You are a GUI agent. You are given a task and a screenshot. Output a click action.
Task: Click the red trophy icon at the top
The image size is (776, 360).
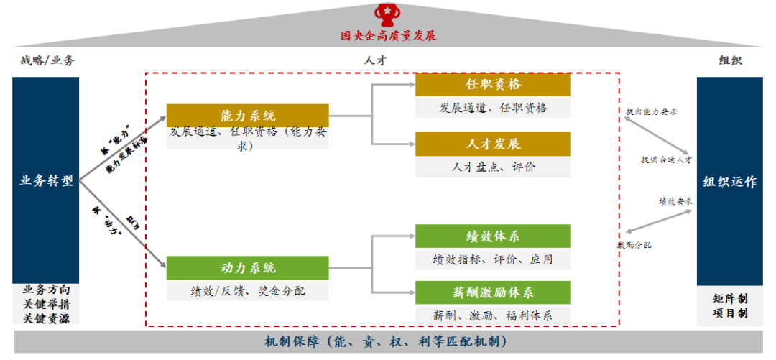pyautogui.click(x=389, y=14)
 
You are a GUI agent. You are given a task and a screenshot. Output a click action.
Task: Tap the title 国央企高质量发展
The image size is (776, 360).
pyautogui.click(x=389, y=35)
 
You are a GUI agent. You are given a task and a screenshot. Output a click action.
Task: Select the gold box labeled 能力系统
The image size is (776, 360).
pyautogui.click(x=247, y=116)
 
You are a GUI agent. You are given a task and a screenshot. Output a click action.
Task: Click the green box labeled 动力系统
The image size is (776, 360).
pyautogui.click(x=247, y=268)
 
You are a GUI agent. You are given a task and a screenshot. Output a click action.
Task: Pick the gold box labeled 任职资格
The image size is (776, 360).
pyautogui.click(x=493, y=84)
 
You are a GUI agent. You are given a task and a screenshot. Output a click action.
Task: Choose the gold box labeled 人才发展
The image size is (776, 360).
pyautogui.click(x=493, y=144)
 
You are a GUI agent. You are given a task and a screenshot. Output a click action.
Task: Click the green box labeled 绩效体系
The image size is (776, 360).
pyautogui.click(x=493, y=236)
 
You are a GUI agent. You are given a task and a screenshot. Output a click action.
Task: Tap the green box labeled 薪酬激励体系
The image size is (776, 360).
pyautogui.click(x=493, y=292)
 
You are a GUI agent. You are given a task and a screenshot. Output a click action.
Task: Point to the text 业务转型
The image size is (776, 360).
pyautogui.click(x=46, y=181)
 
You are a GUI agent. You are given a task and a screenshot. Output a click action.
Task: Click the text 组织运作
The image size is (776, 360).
pyautogui.click(x=729, y=182)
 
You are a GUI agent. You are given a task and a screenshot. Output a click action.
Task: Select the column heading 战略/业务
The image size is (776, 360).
pyautogui.click(x=47, y=60)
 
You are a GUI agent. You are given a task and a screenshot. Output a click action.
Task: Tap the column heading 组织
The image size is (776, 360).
pyautogui.click(x=730, y=60)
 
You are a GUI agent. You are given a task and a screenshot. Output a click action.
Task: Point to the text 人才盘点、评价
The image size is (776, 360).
pyautogui.click(x=493, y=167)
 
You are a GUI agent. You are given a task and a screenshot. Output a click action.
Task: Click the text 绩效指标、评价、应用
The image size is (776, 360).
pyautogui.click(x=493, y=259)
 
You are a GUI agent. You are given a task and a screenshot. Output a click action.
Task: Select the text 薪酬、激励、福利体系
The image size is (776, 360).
pyautogui.click(x=493, y=315)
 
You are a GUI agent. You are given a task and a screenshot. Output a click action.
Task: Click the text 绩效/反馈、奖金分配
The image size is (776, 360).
pyautogui.click(x=247, y=291)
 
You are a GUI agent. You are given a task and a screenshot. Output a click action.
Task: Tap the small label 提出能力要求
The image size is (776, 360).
pyautogui.click(x=652, y=112)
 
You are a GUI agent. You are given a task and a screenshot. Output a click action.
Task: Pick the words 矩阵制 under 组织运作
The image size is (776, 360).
pyautogui.click(x=730, y=297)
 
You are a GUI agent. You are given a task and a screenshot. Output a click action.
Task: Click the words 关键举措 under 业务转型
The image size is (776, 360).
pyautogui.click(x=46, y=304)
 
